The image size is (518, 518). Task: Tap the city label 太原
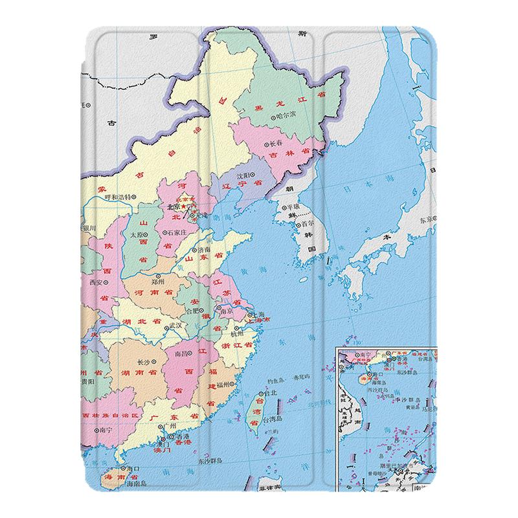click(x=135, y=235)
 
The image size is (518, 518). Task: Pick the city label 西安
click(x=96, y=282)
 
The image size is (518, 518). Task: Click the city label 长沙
click(x=143, y=363)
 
